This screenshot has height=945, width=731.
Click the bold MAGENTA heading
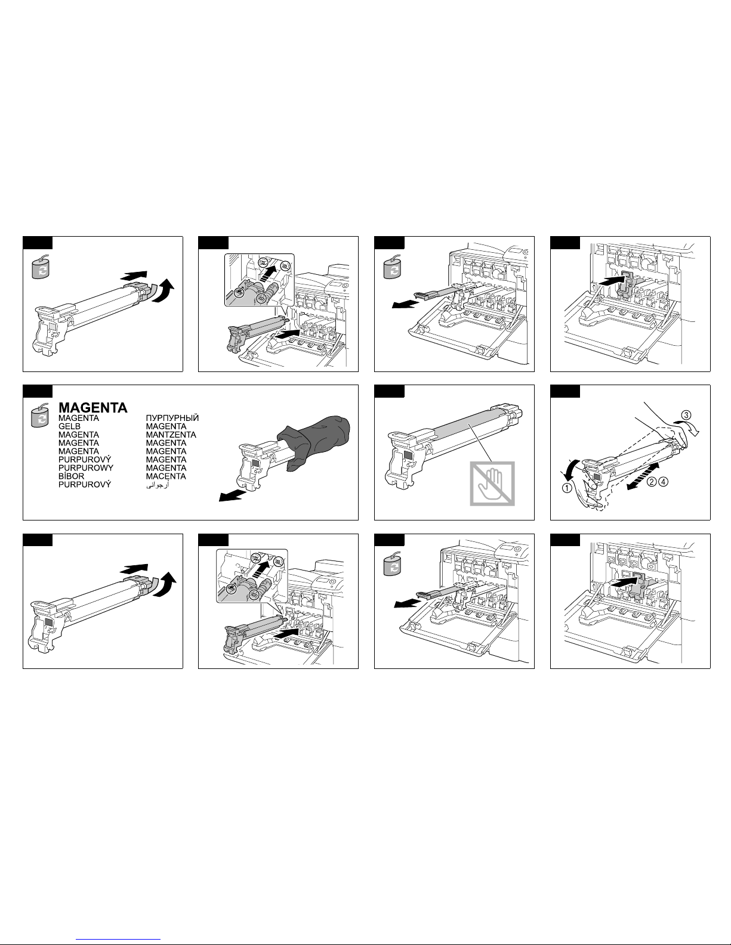(92, 408)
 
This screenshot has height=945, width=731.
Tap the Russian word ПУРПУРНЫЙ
(172, 419)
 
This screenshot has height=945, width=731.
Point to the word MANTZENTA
(171, 435)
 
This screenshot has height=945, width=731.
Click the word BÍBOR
(72, 476)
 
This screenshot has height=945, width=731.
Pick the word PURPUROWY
(86, 468)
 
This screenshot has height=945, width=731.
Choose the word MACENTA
(166, 476)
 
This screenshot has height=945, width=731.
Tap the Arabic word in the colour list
(158, 485)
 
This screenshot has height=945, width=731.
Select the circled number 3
(687, 414)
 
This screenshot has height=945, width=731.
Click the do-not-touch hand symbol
(492, 484)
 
